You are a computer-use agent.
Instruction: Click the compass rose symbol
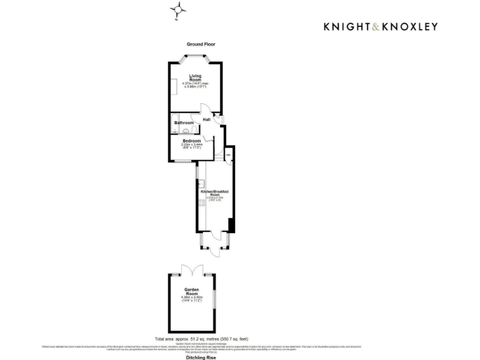point(179,10)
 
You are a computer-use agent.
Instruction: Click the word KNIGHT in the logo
point(347,26)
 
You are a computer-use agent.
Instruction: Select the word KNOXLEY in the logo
point(410,26)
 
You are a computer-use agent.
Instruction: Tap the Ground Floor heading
point(201,44)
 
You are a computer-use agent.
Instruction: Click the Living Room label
point(196,78)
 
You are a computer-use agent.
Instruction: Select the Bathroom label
point(184,123)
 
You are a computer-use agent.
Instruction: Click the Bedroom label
point(192,141)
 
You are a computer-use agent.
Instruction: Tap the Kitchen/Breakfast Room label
point(214,192)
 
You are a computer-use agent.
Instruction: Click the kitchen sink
point(202,184)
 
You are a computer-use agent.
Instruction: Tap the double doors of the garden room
point(192,270)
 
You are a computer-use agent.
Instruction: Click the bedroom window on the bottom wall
point(183,162)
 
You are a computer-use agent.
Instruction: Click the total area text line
point(201,337)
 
